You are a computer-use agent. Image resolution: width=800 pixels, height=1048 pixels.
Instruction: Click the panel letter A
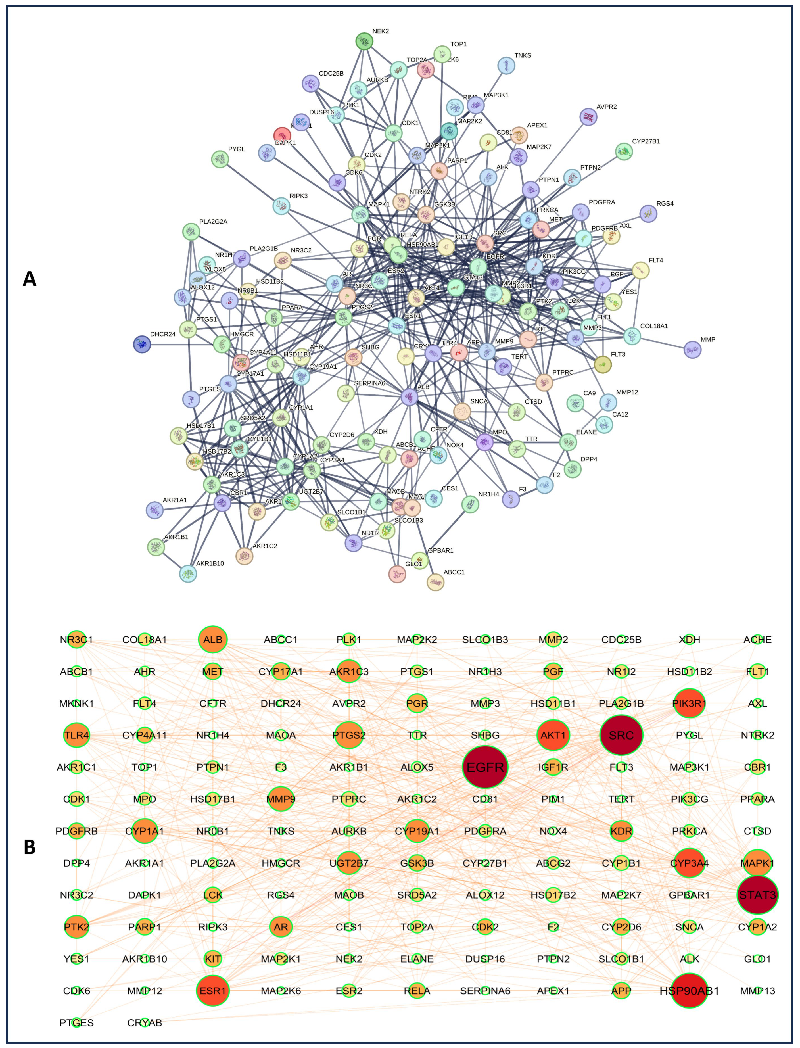click(x=30, y=279)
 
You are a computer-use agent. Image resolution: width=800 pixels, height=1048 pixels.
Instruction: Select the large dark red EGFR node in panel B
click(x=485, y=767)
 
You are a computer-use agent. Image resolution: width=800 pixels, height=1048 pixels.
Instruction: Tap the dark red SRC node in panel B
click(x=621, y=735)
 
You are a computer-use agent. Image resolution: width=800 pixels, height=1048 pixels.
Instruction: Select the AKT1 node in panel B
click(x=553, y=735)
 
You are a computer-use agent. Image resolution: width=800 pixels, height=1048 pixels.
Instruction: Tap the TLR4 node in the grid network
click(x=76, y=735)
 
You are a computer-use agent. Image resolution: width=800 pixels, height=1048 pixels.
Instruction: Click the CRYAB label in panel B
click(x=145, y=1023)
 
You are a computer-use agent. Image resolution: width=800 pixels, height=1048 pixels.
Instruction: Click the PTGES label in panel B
click(x=76, y=1023)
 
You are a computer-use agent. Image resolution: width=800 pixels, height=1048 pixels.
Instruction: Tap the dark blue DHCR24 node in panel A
click(x=142, y=344)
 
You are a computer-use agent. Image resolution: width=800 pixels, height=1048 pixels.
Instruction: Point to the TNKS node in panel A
click(x=506, y=66)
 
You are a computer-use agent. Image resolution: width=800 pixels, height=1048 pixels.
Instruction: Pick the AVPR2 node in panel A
click(x=589, y=117)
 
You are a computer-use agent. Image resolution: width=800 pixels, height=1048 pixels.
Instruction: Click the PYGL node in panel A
click(x=220, y=159)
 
